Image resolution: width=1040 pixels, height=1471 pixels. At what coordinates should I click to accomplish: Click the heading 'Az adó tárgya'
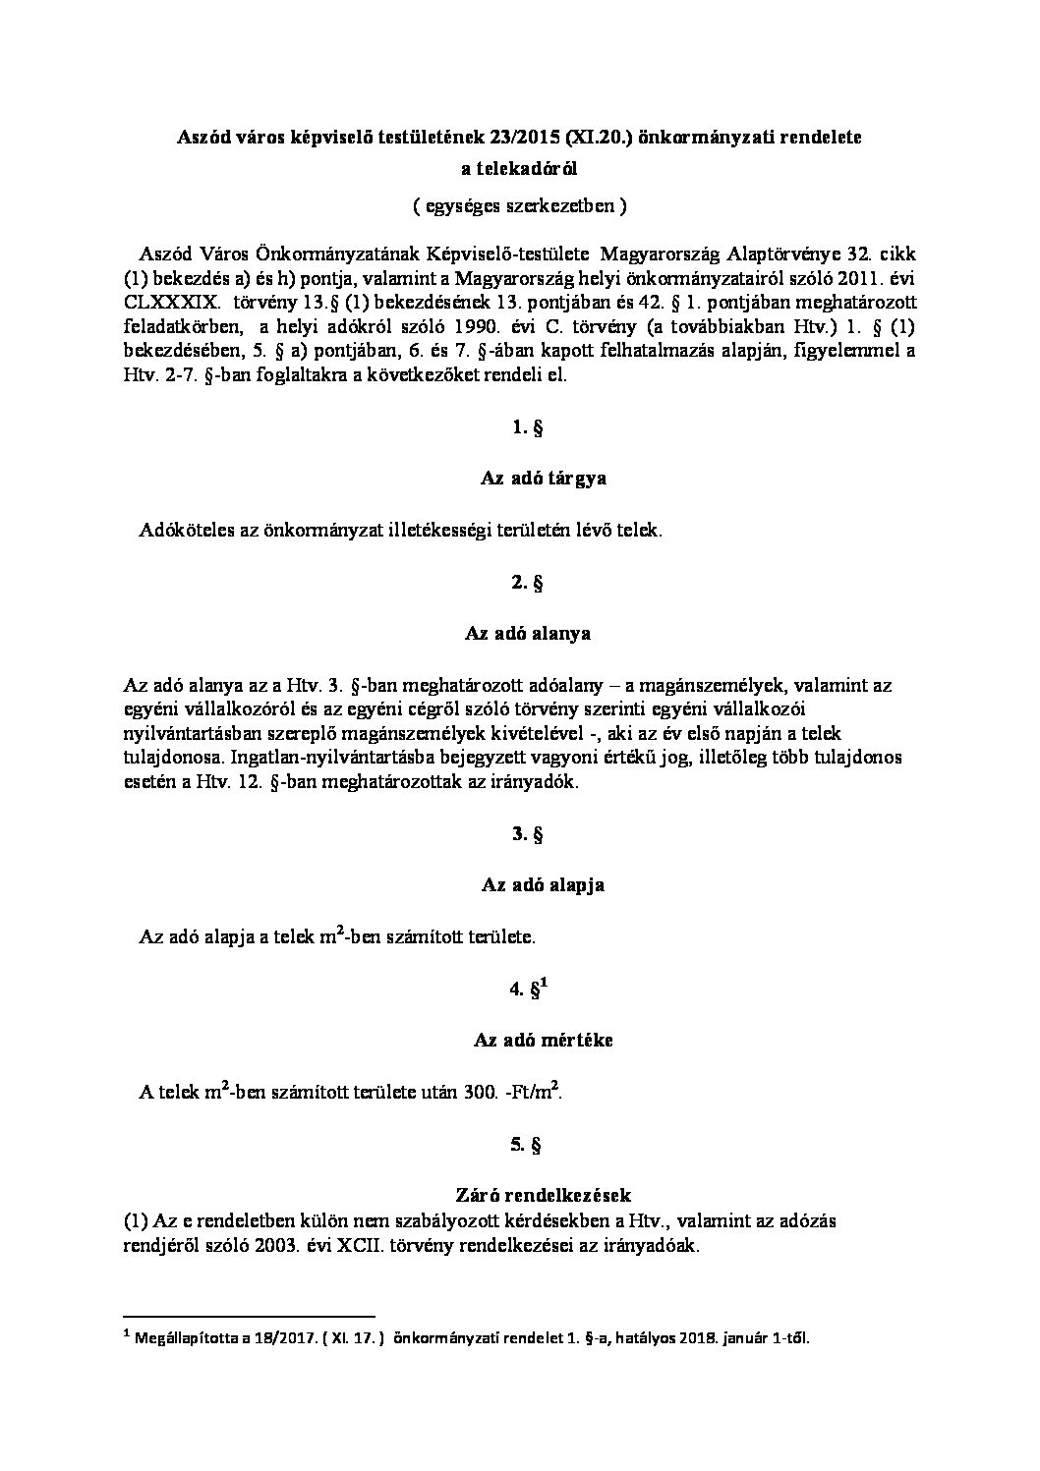click(x=543, y=479)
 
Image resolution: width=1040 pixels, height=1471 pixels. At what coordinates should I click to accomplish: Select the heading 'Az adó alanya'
click(x=527, y=633)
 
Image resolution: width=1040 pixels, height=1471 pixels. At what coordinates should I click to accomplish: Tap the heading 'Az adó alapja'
click(x=543, y=884)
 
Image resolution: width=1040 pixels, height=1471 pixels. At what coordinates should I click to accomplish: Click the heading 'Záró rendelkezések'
click(x=543, y=1195)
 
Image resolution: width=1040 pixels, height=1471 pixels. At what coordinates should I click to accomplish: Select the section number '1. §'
click(x=527, y=427)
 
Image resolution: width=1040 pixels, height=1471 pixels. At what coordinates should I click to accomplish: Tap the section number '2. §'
click(x=527, y=583)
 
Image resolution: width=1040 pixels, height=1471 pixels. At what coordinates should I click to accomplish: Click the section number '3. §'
click(x=527, y=834)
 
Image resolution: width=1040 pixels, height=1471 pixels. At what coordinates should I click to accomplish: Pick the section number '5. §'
click(x=527, y=1145)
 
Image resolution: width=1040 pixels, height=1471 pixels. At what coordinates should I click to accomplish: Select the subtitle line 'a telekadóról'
click(x=519, y=169)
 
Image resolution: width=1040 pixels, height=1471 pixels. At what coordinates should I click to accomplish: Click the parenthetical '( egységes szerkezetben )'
click(x=519, y=206)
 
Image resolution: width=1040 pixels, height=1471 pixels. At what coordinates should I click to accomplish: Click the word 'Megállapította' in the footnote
click(x=185, y=1337)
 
